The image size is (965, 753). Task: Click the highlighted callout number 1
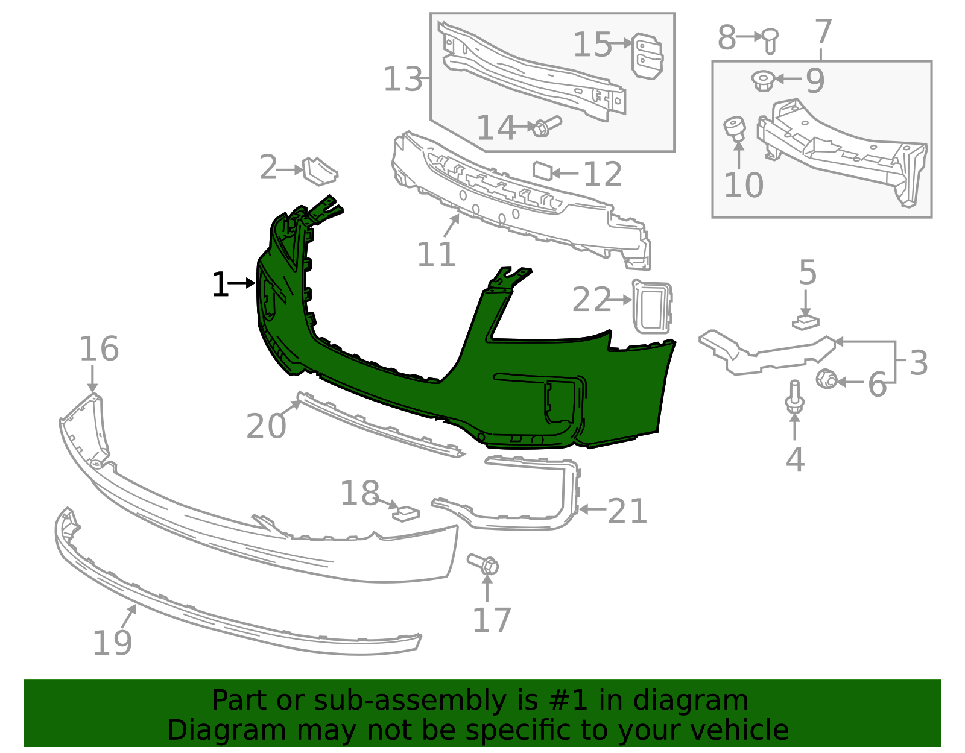pos(220,285)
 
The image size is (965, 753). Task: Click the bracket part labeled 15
pos(647,55)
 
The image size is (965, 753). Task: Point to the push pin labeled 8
pos(769,40)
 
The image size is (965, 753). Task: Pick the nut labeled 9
pos(763,80)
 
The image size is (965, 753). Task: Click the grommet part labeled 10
pos(735,129)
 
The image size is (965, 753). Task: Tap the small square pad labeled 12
pos(542,171)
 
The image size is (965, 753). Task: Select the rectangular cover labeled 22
pos(651,306)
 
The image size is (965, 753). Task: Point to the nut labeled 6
pos(826,380)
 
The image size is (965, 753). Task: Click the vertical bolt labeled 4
pos(794,398)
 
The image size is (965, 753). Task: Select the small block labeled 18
pos(406,513)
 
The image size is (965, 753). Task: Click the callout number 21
pos(627,512)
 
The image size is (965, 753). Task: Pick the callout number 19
pos(112,643)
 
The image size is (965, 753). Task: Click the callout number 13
pos(403,79)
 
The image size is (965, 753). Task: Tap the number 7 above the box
pos(823,31)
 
